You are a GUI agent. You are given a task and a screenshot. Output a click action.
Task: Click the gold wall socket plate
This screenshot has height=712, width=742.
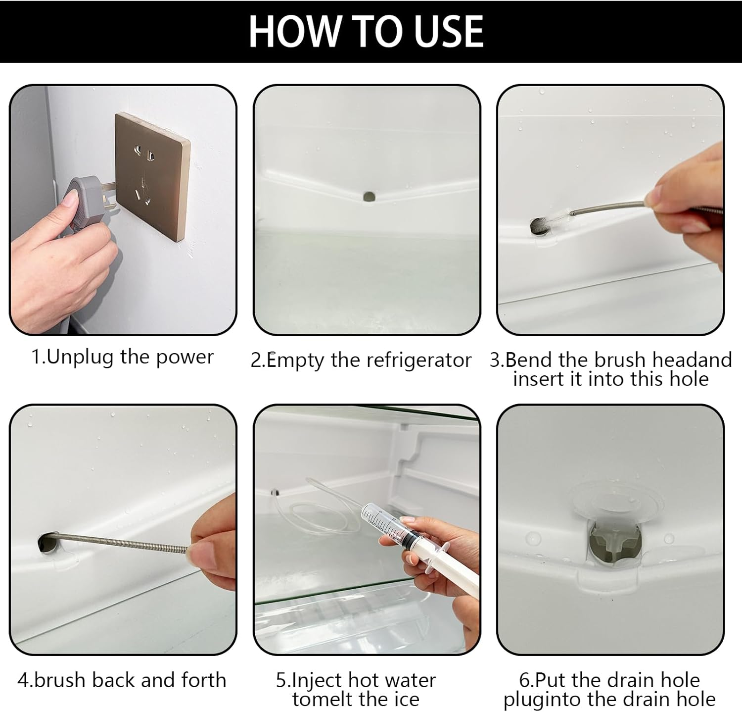point(152,177)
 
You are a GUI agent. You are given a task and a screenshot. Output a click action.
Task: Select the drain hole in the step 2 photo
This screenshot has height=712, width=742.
point(369,196)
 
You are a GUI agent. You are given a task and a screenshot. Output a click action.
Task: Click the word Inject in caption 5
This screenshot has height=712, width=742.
point(318,681)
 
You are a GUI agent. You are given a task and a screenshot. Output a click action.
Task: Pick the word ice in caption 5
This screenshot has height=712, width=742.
point(406,700)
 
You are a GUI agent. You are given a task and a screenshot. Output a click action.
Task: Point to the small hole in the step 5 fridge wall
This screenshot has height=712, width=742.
point(275,493)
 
